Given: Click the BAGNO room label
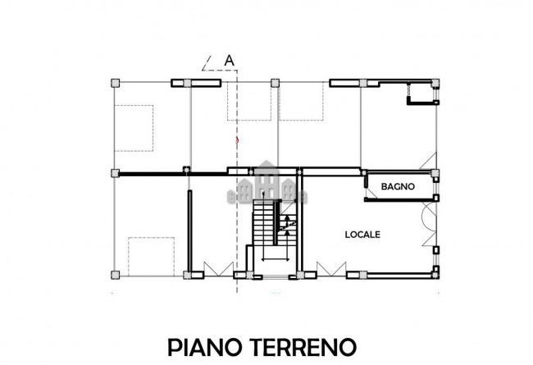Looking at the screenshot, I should [399, 187].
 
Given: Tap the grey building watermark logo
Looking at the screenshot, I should [266, 184].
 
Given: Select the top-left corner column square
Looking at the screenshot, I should [115, 83].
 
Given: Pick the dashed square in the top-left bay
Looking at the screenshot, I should [133, 128].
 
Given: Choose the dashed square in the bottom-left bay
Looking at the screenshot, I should [151, 255].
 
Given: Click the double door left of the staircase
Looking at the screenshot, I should [215, 267].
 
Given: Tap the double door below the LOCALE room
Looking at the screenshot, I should [328, 267].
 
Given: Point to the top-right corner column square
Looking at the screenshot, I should [436, 83].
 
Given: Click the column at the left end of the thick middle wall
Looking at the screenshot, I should [115, 173].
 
